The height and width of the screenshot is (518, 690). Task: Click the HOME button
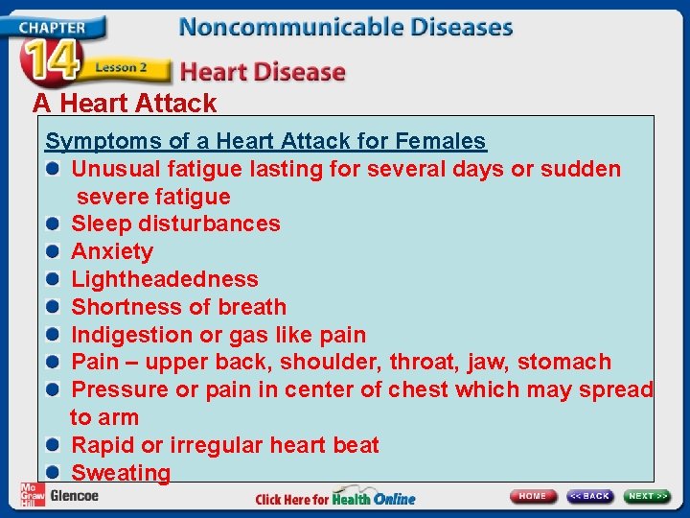click(533, 496)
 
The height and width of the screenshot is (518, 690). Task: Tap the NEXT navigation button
click(648, 496)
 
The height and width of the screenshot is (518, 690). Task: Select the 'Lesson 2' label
click(121, 69)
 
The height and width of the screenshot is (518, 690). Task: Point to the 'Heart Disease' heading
click(263, 72)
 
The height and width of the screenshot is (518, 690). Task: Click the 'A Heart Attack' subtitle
click(125, 103)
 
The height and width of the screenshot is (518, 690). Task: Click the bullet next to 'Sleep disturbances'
click(55, 224)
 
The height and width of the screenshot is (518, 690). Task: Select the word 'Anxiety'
click(112, 251)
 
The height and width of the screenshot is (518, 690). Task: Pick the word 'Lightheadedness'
click(165, 279)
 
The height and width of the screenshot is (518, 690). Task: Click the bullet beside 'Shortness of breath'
click(55, 307)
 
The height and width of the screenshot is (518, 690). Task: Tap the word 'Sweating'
click(121, 473)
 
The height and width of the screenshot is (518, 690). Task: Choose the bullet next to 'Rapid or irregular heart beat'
click(55, 445)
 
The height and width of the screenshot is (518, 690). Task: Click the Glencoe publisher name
click(74, 496)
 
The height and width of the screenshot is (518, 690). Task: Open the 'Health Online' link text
click(374, 499)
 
